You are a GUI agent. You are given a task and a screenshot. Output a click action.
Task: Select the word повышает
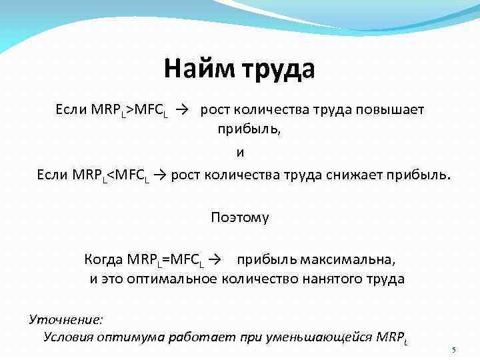[x=393, y=109]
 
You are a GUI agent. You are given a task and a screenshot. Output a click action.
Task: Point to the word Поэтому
[x=240, y=217]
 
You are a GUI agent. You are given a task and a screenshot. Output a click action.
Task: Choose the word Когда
[x=103, y=258]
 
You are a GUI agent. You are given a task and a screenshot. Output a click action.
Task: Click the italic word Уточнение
[x=66, y=319]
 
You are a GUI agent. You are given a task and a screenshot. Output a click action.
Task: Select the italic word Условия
[x=70, y=337]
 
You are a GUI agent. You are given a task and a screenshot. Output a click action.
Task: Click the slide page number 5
[x=453, y=351]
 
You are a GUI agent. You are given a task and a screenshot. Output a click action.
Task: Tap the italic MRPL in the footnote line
[x=391, y=337]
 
